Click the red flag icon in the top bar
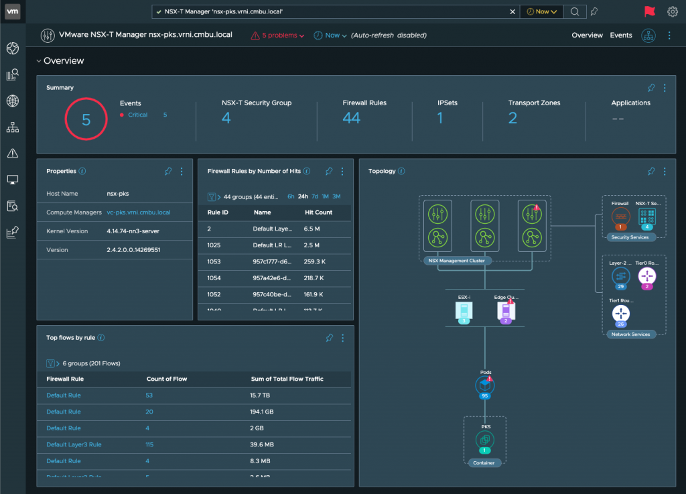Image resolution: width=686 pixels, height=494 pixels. click(x=649, y=11)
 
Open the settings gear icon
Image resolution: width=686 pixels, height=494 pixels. click(x=673, y=11)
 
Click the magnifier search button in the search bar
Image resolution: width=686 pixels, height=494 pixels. click(x=575, y=11)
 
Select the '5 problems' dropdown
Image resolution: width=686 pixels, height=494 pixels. click(x=277, y=36)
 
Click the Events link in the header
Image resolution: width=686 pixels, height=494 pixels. click(x=621, y=36)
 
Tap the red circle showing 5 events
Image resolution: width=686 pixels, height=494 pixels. click(x=86, y=119)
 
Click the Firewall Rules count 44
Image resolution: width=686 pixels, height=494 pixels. click(x=351, y=119)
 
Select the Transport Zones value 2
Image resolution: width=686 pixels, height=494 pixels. click(x=512, y=119)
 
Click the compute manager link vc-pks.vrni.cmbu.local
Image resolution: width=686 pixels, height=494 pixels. click(x=139, y=212)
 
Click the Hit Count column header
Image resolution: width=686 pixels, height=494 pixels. click(x=318, y=212)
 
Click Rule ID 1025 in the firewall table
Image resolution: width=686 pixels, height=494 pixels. click(x=215, y=245)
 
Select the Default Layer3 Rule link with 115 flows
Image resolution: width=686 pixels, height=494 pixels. click(x=74, y=444)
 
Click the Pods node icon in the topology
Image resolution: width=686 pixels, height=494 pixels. click(x=484, y=385)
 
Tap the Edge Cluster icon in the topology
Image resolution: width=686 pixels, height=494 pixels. click(x=506, y=310)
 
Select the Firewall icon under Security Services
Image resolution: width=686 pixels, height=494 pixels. click(x=620, y=217)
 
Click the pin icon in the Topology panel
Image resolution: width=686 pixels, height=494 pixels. click(x=651, y=172)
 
